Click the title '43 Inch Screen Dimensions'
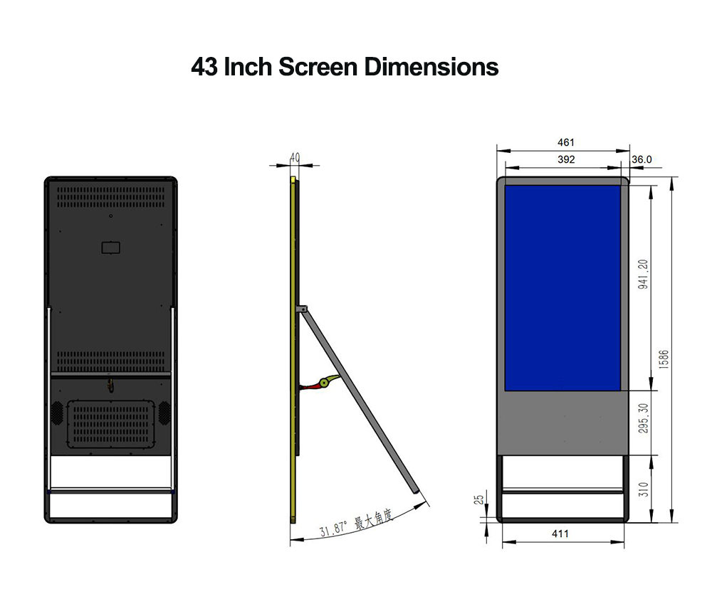click(x=345, y=68)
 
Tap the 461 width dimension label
click(x=566, y=143)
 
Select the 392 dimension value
click(x=566, y=160)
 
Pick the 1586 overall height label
click(x=664, y=359)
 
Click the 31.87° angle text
click(x=333, y=529)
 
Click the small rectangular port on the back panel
click(x=110, y=248)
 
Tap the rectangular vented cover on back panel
click(x=111, y=424)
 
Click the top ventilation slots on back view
click(x=111, y=193)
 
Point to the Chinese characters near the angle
click(x=374, y=519)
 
